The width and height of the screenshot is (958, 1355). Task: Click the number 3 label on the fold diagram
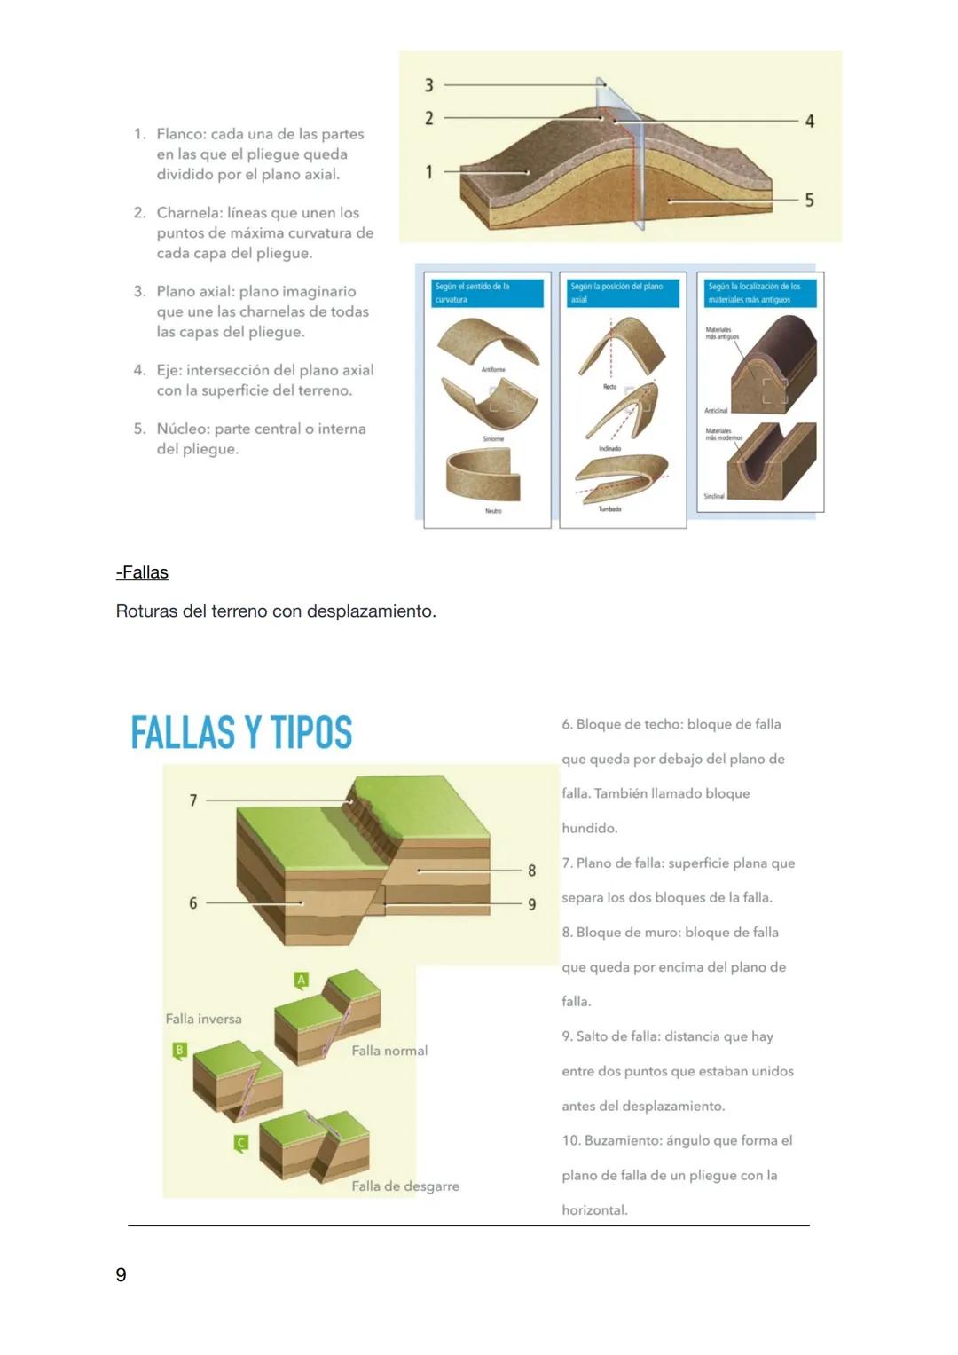tap(429, 85)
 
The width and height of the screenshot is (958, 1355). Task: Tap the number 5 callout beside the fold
tap(809, 201)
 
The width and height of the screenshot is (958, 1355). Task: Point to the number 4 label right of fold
tap(809, 121)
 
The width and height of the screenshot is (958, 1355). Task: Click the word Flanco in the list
tap(182, 134)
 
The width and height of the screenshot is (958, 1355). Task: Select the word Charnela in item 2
tap(189, 213)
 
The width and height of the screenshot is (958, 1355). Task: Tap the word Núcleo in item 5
tap(183, 429)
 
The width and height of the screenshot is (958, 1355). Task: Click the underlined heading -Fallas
tap(142, 572)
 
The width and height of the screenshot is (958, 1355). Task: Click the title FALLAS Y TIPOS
tap(241, 733)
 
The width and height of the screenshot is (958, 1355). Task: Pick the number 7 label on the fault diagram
tap(193, 800)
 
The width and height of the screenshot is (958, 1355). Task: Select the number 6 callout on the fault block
tap(193, 903)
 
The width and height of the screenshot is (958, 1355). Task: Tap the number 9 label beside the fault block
tap(532, 904)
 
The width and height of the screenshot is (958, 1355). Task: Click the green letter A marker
tap(302, 980)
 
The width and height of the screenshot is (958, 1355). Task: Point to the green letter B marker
tap(180, 1051)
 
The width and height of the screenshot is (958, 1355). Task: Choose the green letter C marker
tap(240, 1143)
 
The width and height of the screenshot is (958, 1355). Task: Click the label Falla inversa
tap(203, 1019)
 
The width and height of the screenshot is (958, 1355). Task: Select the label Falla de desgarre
tap(405, 1186)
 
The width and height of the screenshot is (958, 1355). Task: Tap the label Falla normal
tap(389, 1051)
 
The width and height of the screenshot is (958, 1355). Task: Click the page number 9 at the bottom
tap(122, 1275)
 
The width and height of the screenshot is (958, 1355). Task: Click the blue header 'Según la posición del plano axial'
tap(623, 293)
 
